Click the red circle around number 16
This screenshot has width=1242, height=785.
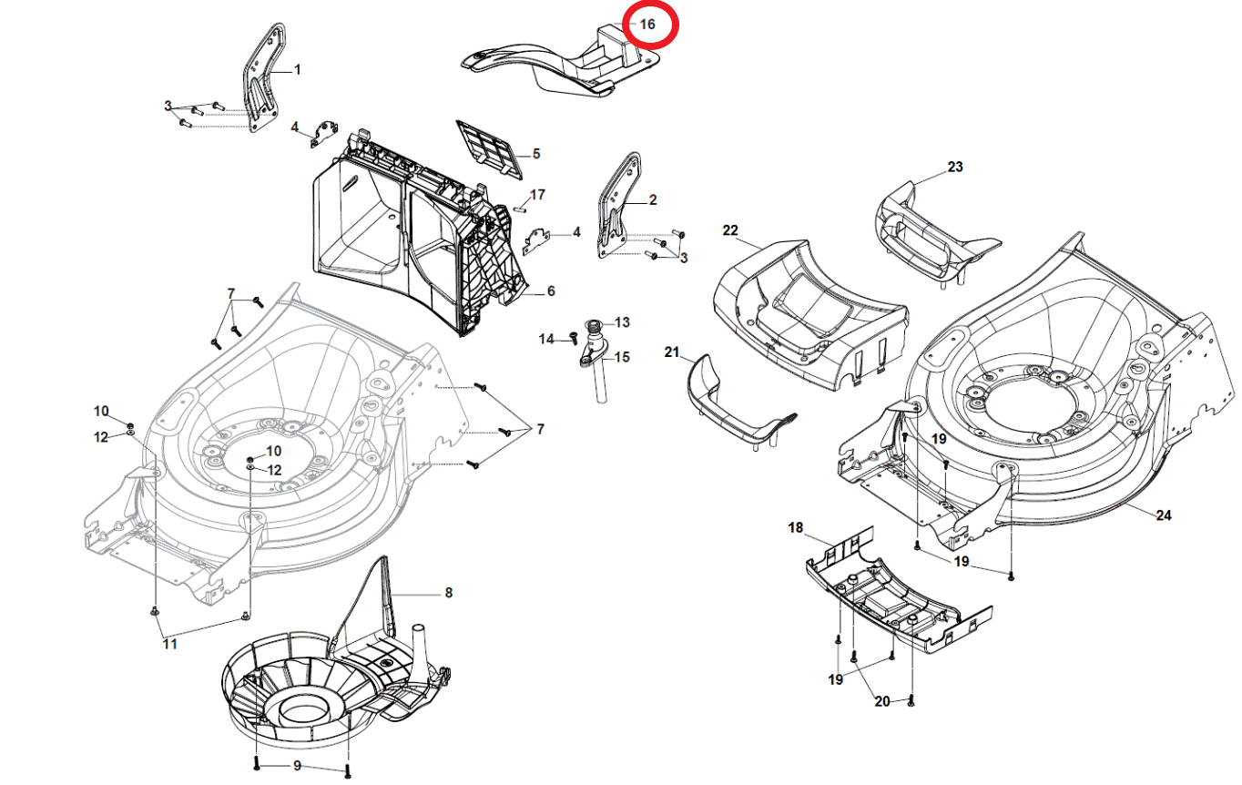646,24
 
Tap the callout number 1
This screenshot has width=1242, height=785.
297,69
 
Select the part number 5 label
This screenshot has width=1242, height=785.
536,154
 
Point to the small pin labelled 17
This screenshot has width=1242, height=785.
519,204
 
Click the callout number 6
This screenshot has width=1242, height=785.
551,291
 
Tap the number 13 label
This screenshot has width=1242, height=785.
622,322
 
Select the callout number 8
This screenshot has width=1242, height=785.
448,593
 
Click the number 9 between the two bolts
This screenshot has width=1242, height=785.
297,765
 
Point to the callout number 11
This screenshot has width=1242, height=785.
169,644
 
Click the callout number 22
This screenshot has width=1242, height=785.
730,231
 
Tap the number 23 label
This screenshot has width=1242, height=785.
954,168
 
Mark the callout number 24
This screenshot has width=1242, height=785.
1163,515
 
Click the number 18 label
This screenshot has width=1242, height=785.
796,528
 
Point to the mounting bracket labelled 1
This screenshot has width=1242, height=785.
262,82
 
